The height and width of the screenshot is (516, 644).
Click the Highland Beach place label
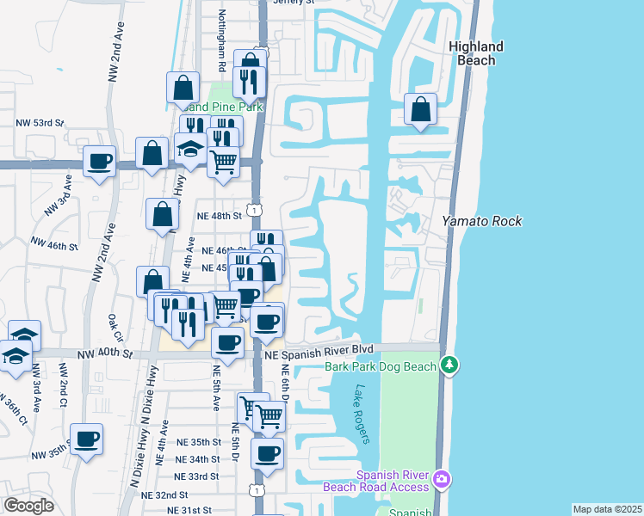[x=476, y=53]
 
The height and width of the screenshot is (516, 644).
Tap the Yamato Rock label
[x=482, y=221]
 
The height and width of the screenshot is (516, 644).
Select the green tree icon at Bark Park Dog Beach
[x=449, y=366]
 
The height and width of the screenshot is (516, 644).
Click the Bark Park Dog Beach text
[x=381, y=366]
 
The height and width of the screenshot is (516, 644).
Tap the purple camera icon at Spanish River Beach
[x=441, y=478]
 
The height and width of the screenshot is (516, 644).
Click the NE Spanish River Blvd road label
[x=319, y=353]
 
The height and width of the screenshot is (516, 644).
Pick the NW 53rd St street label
[x=40, y=123]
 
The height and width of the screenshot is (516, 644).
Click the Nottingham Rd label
[x=221, y=51]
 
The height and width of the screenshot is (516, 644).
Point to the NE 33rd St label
[x=196, y=476]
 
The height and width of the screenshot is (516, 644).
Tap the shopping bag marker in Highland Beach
[x=420, y=110]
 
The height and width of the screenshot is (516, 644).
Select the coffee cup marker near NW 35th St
[x=86, y=440]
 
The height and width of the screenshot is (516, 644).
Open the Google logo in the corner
[x=28, y=506]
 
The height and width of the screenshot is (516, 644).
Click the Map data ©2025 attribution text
[x=606, y=509]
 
